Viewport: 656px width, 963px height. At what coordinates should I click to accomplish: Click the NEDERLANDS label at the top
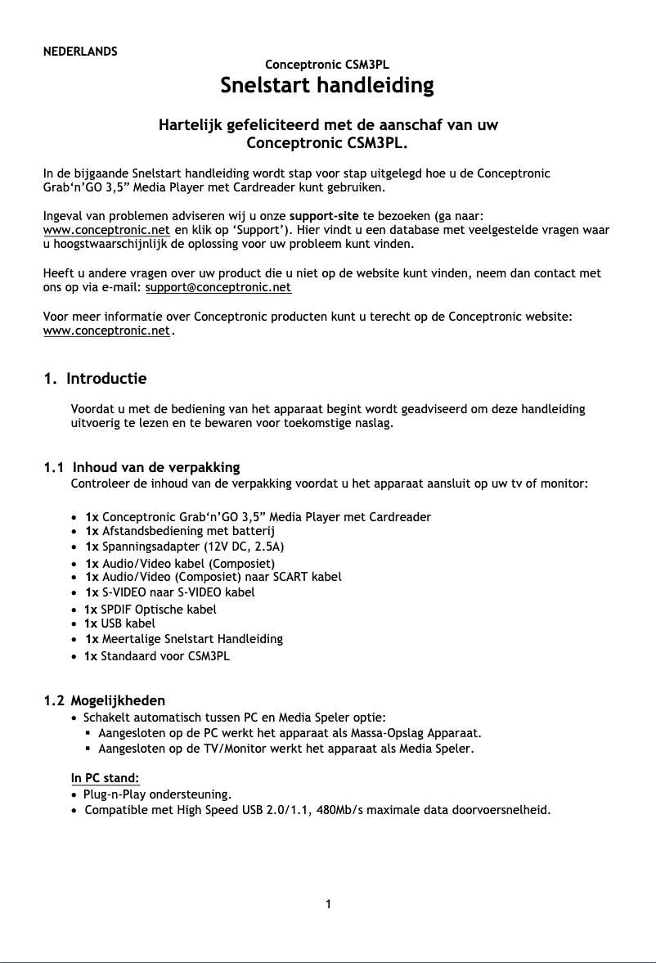(80, 51)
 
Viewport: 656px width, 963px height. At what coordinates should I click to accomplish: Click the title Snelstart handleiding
(327, 85)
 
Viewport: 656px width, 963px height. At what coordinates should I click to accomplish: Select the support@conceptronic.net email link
(218, 288)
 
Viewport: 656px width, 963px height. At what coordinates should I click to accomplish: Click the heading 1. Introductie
(95, 379)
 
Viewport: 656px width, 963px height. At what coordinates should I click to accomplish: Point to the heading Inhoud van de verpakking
(155, 467)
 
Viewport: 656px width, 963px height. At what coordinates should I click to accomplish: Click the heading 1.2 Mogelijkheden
(104, 700)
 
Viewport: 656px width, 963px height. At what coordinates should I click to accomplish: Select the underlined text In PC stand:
(106, 777)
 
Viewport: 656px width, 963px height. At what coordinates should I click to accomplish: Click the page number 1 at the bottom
(328, 904)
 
